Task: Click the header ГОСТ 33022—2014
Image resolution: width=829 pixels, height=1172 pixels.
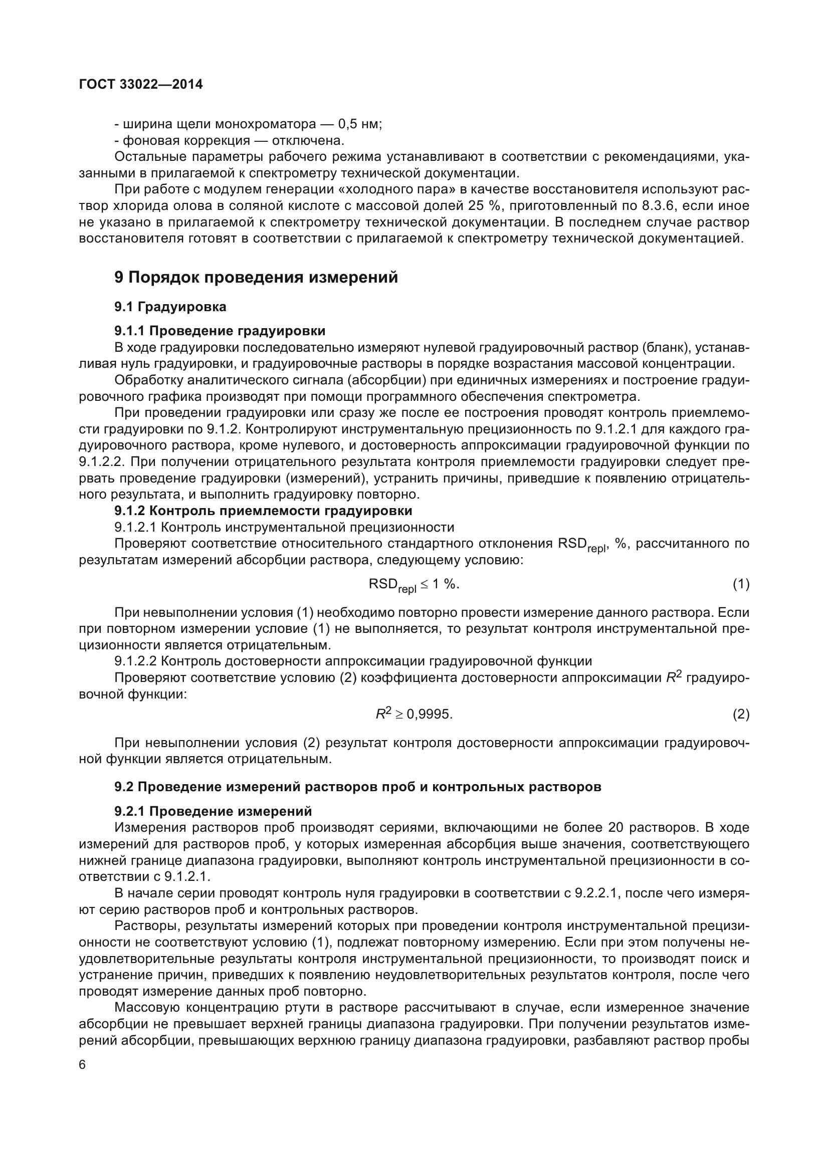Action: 141,84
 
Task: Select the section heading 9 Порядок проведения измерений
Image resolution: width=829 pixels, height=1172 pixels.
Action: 256,277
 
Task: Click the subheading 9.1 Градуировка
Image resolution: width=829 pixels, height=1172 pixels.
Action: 170,307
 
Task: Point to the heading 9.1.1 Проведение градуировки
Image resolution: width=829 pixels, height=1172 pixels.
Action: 220,331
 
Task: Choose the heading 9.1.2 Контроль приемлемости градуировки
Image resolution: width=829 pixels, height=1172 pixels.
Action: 263,511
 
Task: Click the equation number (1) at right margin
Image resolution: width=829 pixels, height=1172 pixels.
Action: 741,584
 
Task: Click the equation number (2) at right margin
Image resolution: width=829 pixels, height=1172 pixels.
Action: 741,715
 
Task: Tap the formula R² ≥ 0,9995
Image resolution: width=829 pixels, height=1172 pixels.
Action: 414,714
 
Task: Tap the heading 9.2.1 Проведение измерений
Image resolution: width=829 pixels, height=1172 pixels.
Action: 213,811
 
